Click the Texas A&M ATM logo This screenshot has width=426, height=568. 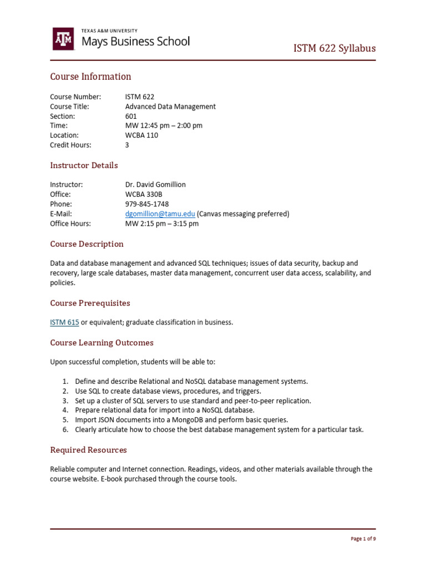tap(63, 39)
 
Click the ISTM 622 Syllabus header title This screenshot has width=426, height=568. tap(334, 48)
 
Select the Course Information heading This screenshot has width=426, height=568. tap(90, 77)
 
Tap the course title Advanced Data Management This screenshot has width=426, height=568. tap(170, 106)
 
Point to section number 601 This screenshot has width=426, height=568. tap(131, 116)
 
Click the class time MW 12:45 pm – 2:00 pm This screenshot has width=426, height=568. tap(164, 125)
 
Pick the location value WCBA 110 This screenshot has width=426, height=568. tap(141, 135)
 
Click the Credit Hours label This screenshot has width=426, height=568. tap(70, 144)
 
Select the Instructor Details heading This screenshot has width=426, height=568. tap(84, 165)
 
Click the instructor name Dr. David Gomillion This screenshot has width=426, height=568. tap(155, 184)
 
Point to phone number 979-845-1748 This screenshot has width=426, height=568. tap(147, 204)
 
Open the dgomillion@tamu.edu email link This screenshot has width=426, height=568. tap(160, 214)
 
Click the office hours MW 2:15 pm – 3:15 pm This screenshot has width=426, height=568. tap(161, 223)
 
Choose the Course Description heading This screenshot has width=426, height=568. tap(87, 244)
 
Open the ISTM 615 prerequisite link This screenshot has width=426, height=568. tap(64, 322)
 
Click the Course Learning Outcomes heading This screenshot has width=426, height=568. tap(102, 343)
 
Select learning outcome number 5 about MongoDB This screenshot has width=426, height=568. tap(181, 419)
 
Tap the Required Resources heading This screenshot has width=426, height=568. tap(88, 450)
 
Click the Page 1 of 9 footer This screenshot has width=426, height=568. tap(364, 539)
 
